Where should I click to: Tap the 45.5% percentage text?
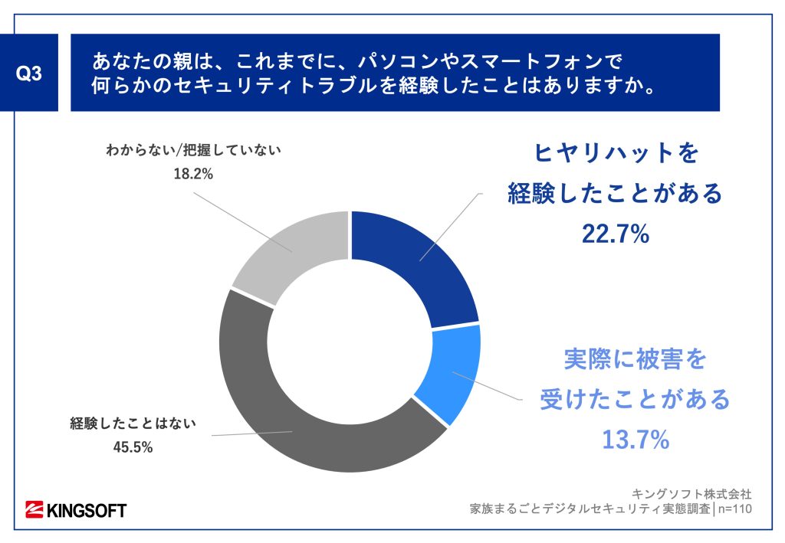(x=133, y=447)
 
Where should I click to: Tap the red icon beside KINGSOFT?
(x=34, y=509)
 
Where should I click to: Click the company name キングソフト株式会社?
(x=691, y=492)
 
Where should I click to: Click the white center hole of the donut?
(x=350, y=342)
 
